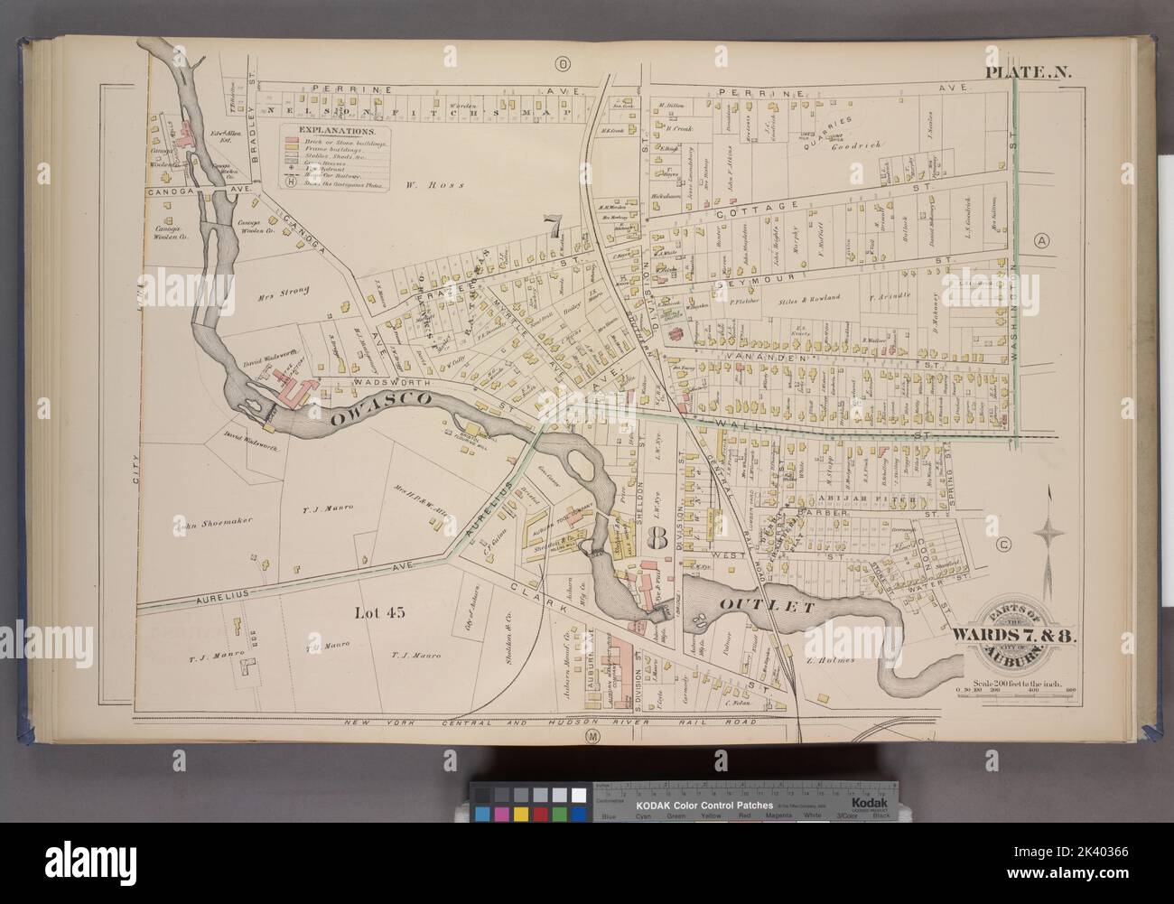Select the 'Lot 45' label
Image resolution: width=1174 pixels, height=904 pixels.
click(x=377, y=613)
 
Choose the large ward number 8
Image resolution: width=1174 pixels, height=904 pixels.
click(x=657, y=540)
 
